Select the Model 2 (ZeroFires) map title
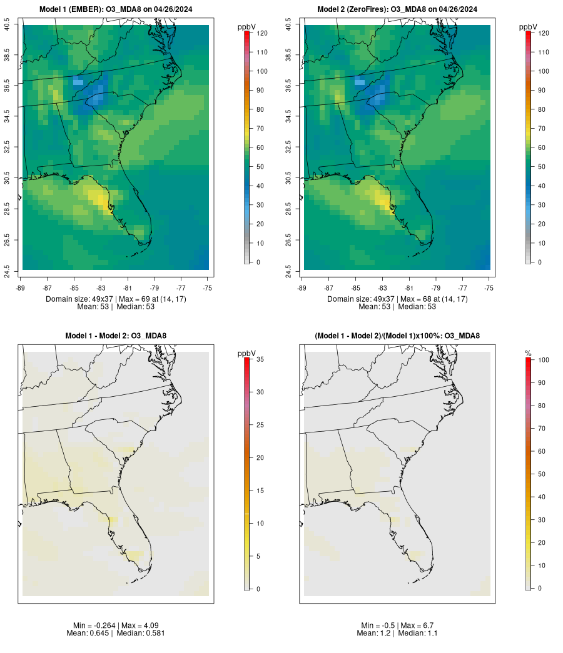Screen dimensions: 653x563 pos(397,9)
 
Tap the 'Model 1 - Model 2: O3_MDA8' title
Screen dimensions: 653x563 pos(116,336)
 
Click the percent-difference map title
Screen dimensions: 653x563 pos(397,336)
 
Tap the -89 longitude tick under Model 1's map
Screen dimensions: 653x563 pos(21,287)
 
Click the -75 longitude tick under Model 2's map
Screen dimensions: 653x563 pos(489,287)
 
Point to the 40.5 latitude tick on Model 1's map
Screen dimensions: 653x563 pos(7,26)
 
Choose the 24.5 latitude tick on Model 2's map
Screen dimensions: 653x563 pos(288,271)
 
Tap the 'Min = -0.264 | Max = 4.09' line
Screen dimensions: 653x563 pos(116,626)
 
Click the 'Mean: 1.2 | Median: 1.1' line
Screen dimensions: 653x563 pos(397,633)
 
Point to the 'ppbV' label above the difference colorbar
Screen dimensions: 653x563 pos(247,354)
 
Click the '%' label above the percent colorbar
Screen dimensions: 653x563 pos(529,354)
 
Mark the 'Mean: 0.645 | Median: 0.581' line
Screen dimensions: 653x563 pos(116,633)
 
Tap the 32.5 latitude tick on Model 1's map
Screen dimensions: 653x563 pos(7,147)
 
